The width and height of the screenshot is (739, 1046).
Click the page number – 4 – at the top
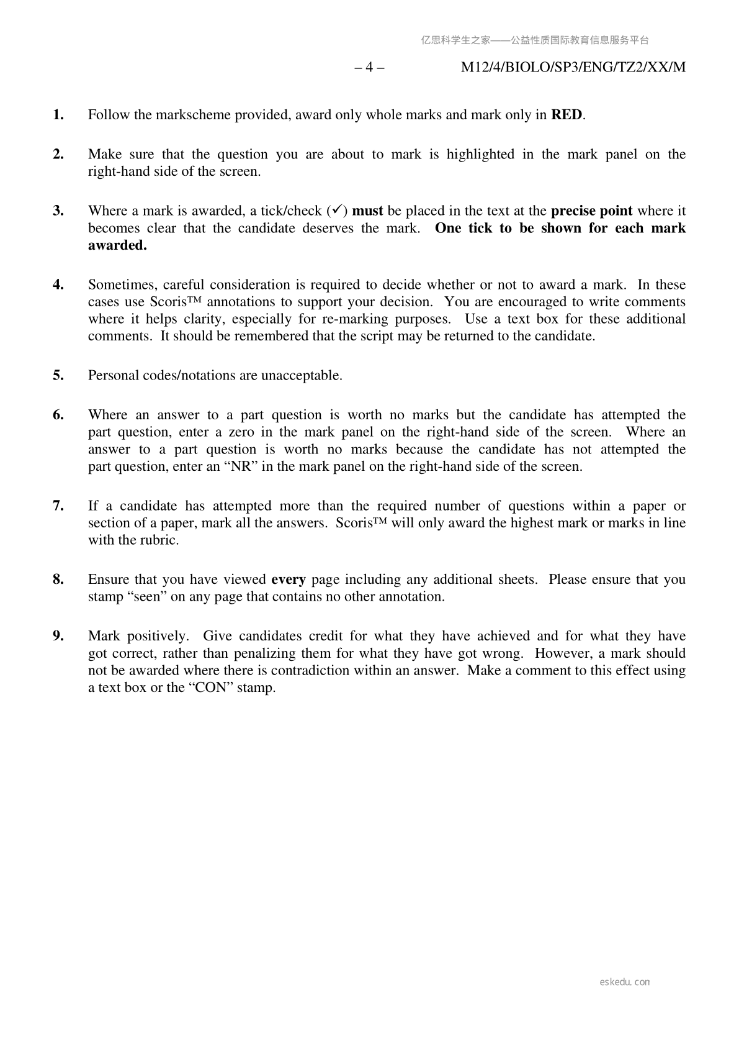369,67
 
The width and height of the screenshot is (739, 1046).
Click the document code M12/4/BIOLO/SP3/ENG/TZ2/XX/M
573,67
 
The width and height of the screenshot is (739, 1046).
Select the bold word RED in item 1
567,115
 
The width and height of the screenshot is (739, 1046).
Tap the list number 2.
58,155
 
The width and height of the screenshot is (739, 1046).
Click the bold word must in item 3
367,211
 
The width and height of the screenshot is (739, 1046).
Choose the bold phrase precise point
591,211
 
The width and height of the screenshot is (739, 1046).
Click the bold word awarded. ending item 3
117,245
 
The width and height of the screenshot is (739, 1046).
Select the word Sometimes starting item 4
117,285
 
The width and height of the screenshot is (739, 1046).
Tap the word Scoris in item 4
166,302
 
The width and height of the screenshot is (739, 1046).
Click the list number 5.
58,376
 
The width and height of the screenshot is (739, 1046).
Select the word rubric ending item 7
159,540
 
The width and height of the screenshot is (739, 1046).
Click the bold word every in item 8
289,580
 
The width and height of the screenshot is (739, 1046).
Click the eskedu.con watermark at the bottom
625,982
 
